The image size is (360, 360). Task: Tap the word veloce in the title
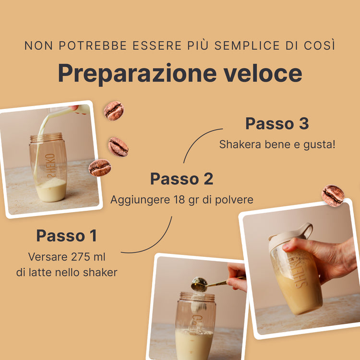click(263, 73)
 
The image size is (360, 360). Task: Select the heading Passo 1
click(67, 236)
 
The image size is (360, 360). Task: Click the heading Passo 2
click(182, 179)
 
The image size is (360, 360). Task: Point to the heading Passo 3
click(277, 123)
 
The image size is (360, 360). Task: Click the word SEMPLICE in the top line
click(247, 46)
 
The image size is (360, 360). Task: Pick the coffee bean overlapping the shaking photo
click(333, 196)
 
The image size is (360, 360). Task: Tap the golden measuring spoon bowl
click(199, 284)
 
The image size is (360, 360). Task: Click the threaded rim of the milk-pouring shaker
click(47, 137)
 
